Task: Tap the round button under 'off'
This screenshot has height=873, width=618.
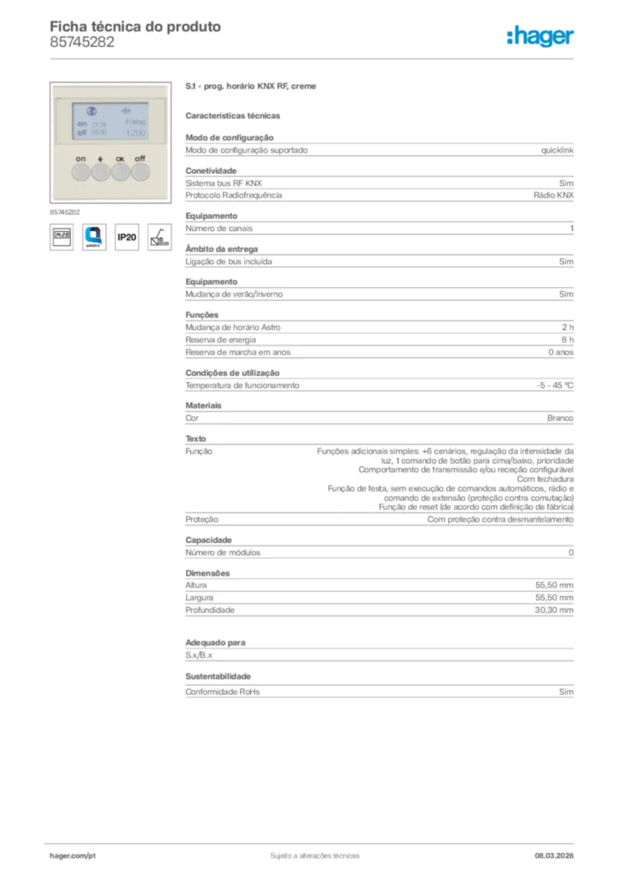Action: [x=140, y=172]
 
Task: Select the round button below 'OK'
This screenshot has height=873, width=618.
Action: [x=120, y=172]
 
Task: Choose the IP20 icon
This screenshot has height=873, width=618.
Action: [x=126, y=237]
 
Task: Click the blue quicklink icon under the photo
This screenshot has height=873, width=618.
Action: [x=94, y=237]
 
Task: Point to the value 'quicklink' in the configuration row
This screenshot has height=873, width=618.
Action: [x=557, y=150]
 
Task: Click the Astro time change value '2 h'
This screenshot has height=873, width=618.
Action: [x=567, y=327]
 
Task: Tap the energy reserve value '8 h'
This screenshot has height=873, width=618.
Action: [x=567, y=339]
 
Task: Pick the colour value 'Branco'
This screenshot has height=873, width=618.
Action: [x=560, y=419]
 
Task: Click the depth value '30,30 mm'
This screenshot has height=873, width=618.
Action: [x=554, y=610]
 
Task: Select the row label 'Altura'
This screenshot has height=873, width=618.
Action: [x=196, y=586]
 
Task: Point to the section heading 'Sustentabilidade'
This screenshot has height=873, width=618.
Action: [x=219, y=676]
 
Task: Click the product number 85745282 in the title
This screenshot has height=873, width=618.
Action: [x=82, y=43]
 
